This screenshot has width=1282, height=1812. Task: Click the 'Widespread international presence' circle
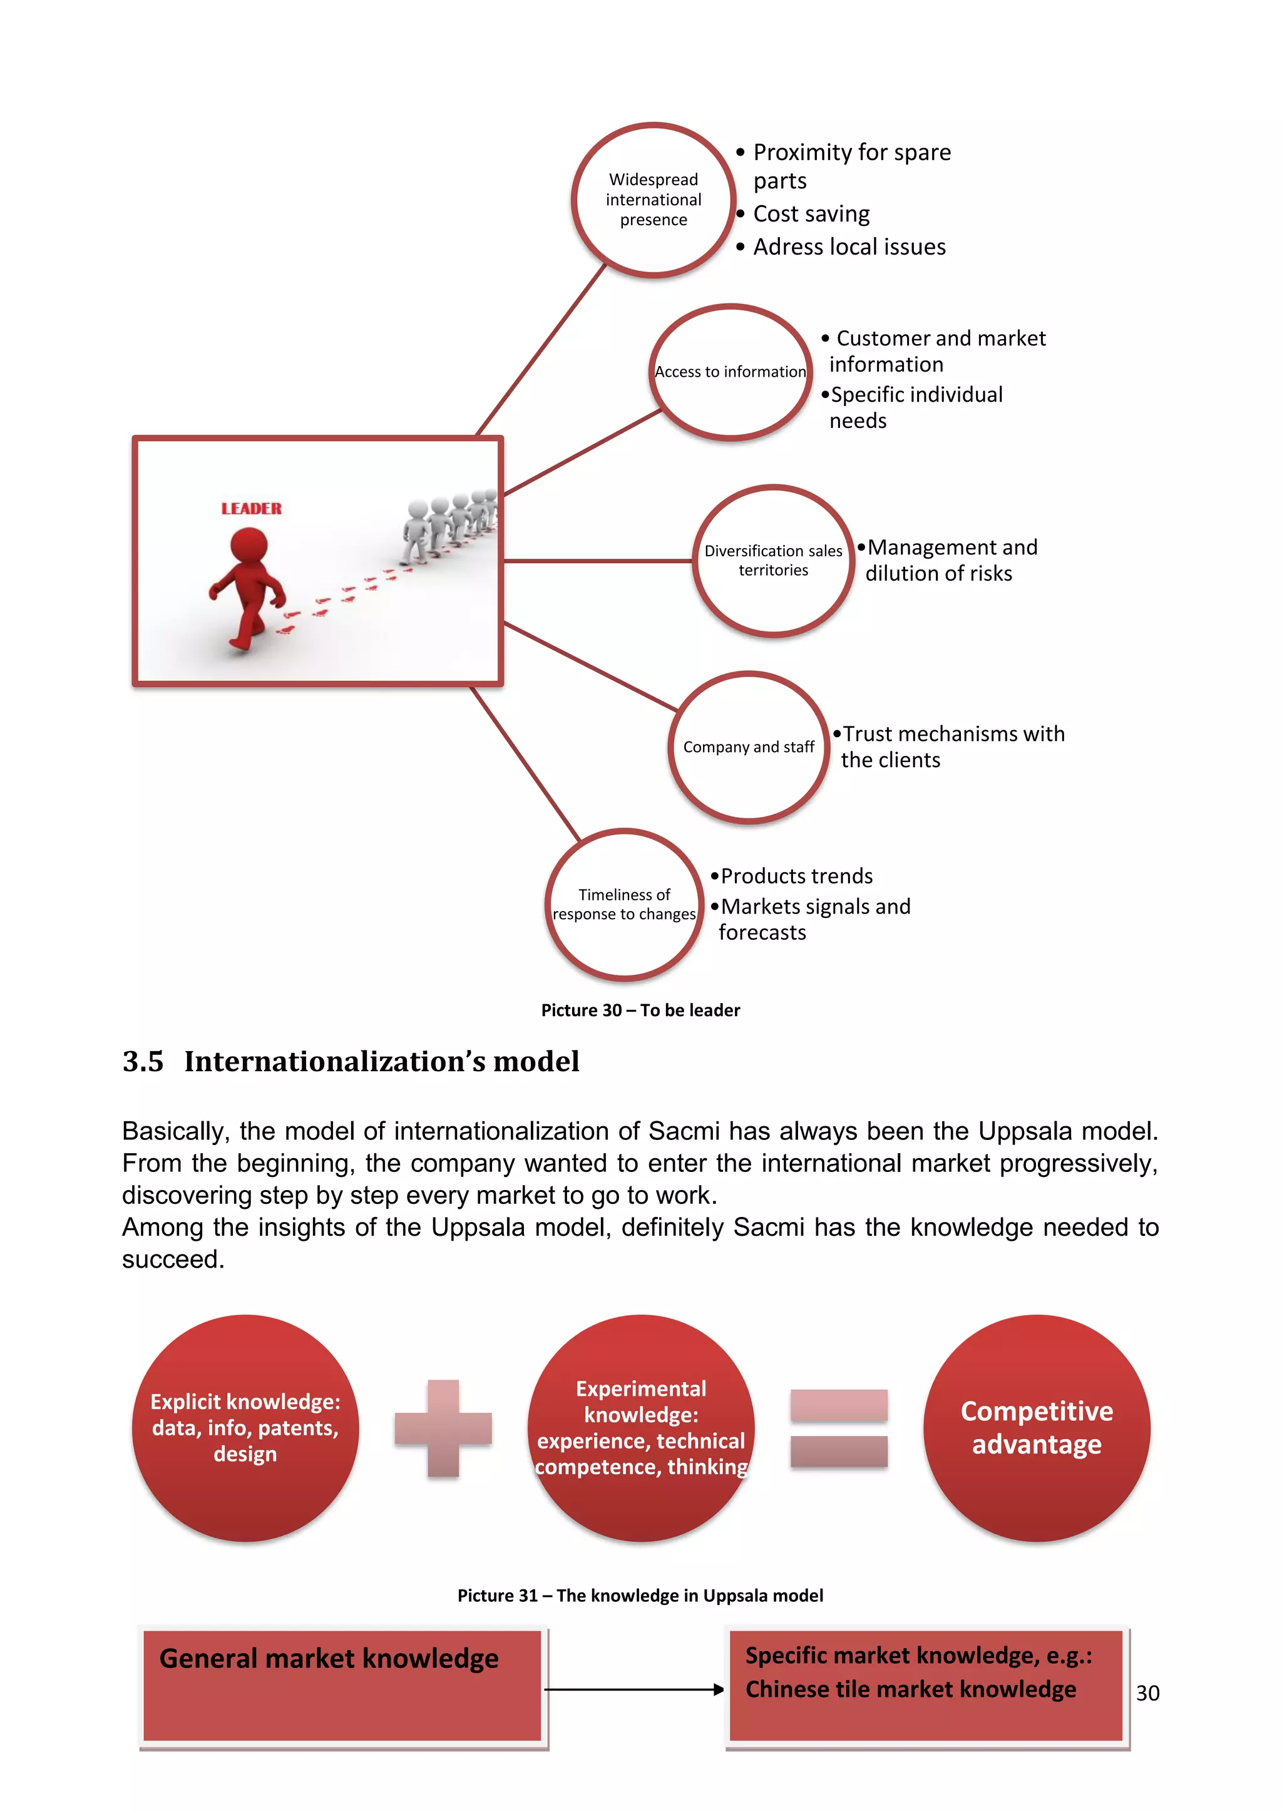click(x=653, y=200)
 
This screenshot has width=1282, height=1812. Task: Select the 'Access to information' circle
click(x=731, y=372)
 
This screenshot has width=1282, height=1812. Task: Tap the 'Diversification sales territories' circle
click(x=773, y=561)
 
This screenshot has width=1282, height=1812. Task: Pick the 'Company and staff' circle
click(x=749, y=747)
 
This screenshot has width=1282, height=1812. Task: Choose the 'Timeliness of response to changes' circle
click(x=623, y=904)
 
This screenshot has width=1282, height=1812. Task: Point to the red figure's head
click(x=249, y=546)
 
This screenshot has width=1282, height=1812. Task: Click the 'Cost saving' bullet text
click(x=811, y=214)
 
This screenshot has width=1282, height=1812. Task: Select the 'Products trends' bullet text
click(x=796, y=876)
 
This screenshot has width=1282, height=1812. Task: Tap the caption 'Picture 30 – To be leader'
click(x=640, y=1010)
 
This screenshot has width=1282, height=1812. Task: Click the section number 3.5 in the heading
click(x=143, y=1061)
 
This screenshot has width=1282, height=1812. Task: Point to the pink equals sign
click(x=839, y=1428)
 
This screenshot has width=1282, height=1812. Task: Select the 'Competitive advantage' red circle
click(x=1037, y=1428)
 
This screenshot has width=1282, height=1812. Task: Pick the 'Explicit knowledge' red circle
click(x=245, y=1428)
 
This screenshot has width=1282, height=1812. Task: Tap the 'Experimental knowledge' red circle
click(x=641, y=1428)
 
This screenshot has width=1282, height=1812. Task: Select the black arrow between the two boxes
click(x=634, y=1689)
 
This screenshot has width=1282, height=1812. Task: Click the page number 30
click(x=1147, y=1693)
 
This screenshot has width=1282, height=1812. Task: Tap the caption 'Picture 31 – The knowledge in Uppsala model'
click(x=640, y=1596)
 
